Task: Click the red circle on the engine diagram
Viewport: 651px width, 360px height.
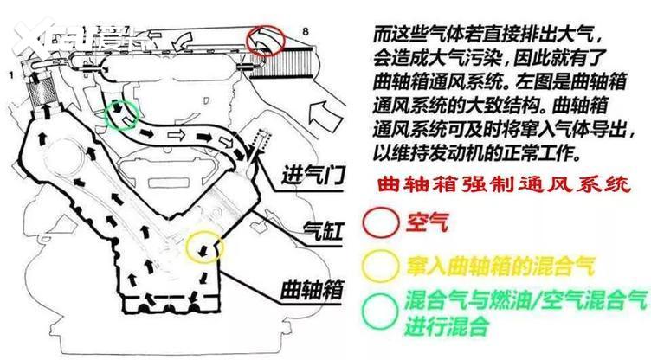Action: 265,40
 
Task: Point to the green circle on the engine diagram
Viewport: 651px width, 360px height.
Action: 119,115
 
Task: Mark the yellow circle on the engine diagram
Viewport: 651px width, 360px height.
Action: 205,247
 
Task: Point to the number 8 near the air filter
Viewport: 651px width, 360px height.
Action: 304,32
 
